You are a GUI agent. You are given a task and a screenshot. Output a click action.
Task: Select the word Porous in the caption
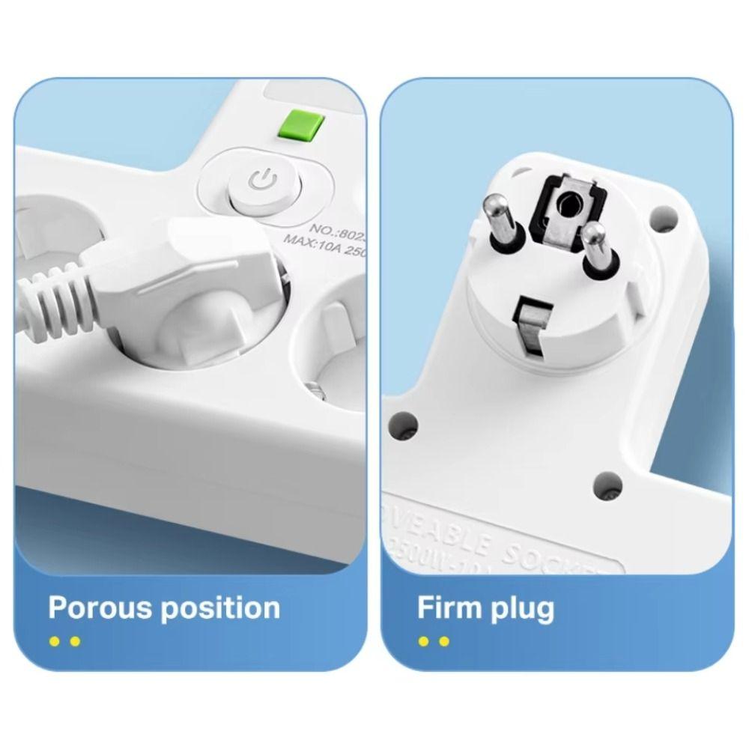pyautogui.click(x=102, y=607)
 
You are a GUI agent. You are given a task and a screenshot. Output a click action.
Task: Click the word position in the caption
pyautogui.click(x=221, y=608)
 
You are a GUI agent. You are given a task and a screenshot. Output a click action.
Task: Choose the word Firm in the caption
pyautogui.click(x=447, y=607)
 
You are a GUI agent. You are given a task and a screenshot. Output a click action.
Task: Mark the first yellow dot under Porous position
pyautogui.click(x=54, y=641)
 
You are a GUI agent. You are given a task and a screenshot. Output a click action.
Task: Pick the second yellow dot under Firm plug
pyautogui.click(x=444, y=641)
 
